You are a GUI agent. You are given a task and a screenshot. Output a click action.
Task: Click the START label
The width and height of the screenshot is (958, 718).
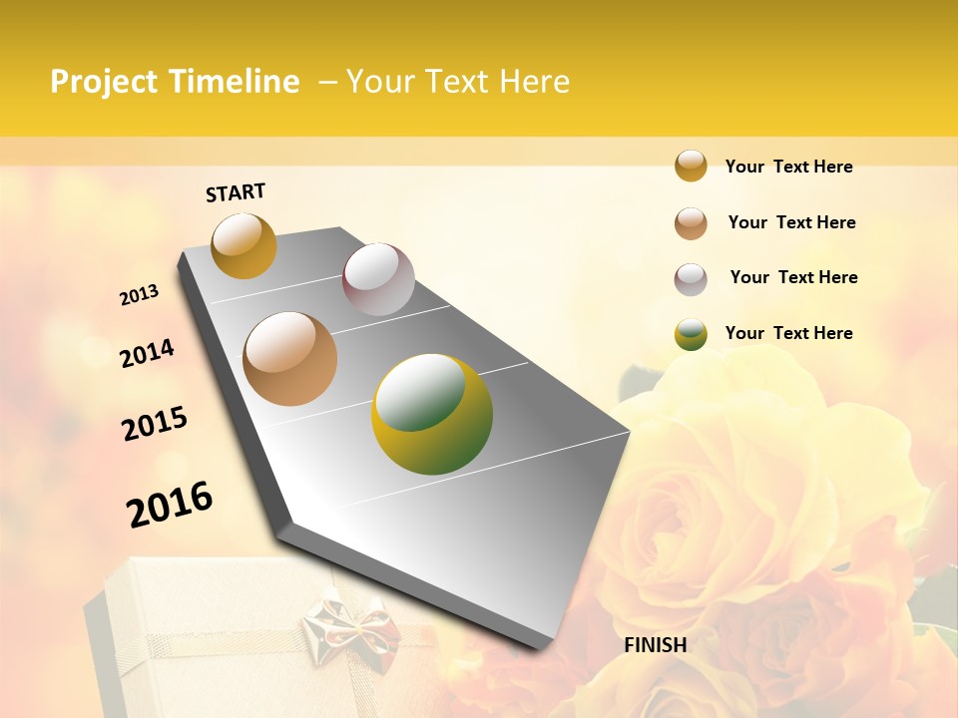(x=236, y=191)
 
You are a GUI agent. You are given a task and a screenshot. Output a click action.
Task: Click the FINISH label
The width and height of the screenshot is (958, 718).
(x=656, y=644)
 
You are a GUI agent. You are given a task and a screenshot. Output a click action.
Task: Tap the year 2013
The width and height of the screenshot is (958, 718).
(x=140, y=295)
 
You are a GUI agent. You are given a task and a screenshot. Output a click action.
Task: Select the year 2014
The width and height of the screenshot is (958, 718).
(x=147, y=353)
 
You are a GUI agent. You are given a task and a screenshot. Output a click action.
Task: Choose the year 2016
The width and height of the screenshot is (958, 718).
(x=170, y=505)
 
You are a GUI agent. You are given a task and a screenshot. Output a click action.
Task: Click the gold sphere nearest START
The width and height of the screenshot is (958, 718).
(x=243, y=245)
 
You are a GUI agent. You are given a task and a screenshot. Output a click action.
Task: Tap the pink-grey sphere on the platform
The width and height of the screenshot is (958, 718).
(x=378, y=279)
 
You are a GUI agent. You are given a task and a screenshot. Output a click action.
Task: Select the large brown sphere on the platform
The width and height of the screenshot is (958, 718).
(x=290, y=358)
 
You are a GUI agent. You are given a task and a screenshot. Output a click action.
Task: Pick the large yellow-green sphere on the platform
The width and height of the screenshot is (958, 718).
(x=432, y=414)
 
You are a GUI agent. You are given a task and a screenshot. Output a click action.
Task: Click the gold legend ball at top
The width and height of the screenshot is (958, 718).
(x=691, y=166)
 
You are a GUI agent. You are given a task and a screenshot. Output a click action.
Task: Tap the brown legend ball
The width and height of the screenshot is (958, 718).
(x=691, y=223)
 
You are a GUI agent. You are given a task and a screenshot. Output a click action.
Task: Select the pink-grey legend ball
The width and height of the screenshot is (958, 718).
(x=691, y=279)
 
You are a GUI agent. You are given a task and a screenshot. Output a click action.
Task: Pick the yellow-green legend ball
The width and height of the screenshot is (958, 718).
(x=691, y=334)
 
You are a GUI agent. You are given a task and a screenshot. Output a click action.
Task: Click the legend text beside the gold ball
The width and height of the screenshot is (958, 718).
(x=788, y=167)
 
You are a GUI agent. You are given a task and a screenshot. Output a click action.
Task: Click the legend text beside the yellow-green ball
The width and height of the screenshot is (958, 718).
(x=788, y=333)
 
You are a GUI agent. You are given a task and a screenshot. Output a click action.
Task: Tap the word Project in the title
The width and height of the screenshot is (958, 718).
(x=105, y=82)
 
